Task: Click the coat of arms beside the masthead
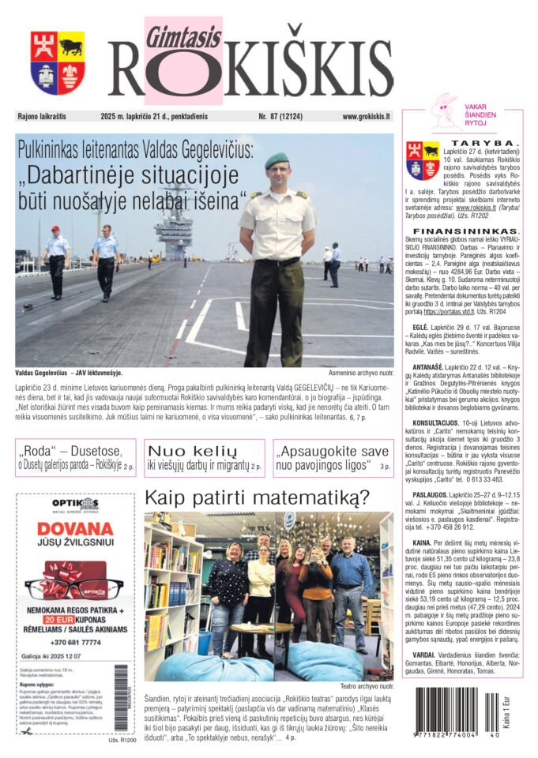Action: pyautogui.click(x=58, y=63)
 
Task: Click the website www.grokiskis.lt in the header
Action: pyautogui.click(x=366, y=116)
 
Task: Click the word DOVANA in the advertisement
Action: pyautogui.click(x=76, y=528)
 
